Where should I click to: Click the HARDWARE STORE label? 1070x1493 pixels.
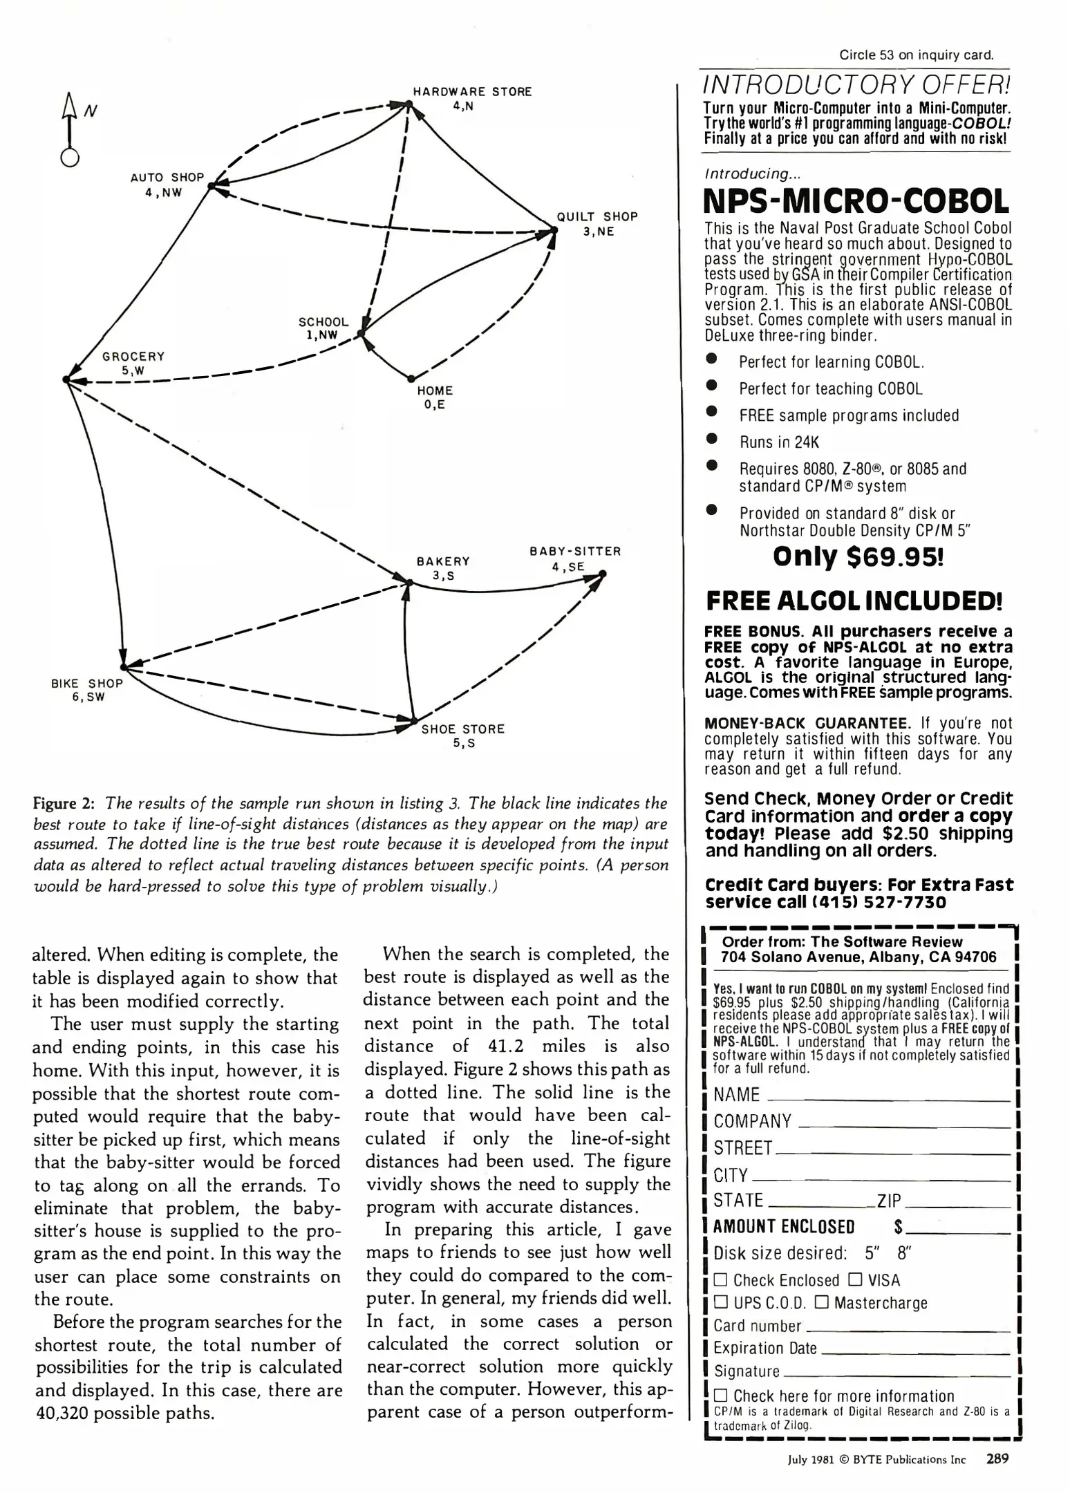coord(472,92)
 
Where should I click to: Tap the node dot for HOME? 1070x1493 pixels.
coord(411,378)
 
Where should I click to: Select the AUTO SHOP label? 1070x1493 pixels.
coord(167,178)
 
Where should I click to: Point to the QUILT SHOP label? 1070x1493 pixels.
coord(597,217)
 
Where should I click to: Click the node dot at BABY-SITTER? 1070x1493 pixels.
coord(603,573)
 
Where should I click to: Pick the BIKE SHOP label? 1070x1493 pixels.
coord(87,684)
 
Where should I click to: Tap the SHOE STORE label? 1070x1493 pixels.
coord(463,729)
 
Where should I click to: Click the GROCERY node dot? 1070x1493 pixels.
coord(66,379)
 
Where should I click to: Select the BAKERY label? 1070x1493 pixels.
coord(443,561)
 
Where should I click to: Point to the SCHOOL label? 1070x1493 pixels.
coord(323,322)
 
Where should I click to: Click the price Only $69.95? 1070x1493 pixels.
coord(858,556)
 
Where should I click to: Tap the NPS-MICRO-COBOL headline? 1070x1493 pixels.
coord(856,201)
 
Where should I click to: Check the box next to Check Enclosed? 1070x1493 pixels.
coord(722,1281)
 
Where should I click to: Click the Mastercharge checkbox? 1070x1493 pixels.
coord(822,1303)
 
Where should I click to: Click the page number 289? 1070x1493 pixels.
coord(997,1459)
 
